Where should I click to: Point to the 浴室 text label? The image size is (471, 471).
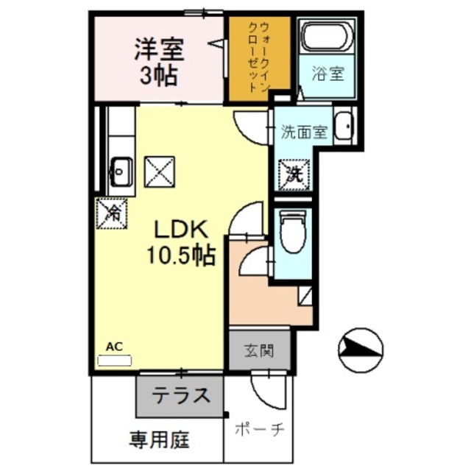point(328,75)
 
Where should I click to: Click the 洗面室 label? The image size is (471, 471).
point(303,133)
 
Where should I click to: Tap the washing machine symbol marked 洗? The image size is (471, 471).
point(294,175)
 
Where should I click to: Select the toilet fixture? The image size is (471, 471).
point(294,233)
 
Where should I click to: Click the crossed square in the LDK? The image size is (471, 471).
point(160,172)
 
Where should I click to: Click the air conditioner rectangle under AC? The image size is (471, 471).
point(114,361)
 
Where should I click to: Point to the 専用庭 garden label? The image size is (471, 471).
point(159,441)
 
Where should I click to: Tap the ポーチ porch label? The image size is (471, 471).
point(260,430)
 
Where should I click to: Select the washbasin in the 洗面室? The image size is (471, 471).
point(342,127)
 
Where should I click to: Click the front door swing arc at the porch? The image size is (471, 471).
point(265,387)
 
